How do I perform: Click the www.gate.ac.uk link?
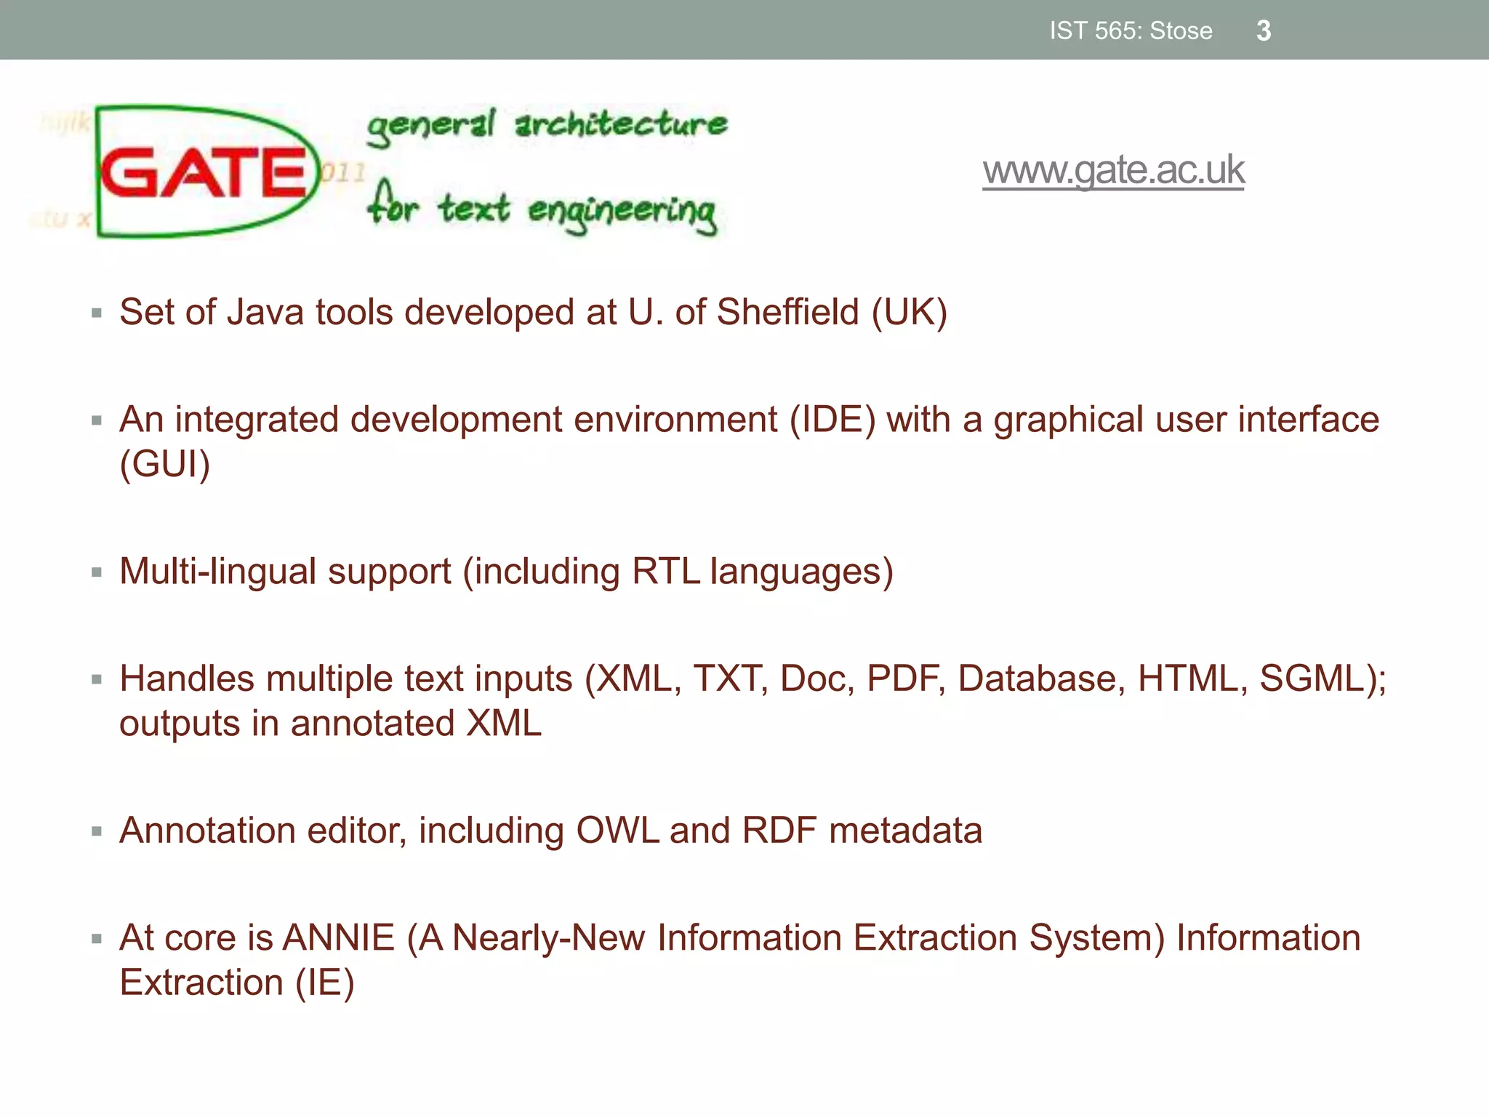tap(1113, 170)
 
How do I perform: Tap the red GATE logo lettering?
tap(204, 172)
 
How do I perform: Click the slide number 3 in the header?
tap(1264, 31)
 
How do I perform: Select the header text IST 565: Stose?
tap(1131, 31)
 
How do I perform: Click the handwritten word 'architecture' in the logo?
tap(621, 124)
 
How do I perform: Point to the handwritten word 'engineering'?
tap(622, 212)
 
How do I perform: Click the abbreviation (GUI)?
tap(165, 465)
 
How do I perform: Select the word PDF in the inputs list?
tap(904, 679)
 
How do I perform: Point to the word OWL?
tap(617, 831)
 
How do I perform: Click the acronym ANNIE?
tap(339, 938)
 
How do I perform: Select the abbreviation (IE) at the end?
tap(324, 983)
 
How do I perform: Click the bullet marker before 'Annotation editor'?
tap(97, 831)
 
